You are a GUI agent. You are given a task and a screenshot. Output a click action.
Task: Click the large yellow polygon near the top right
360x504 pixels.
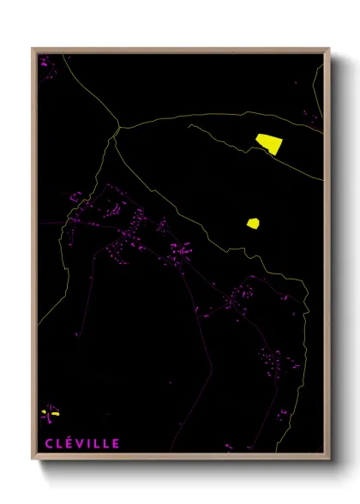pos(269,142)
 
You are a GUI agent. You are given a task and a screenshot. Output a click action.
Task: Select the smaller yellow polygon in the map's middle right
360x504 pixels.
pos(253,224)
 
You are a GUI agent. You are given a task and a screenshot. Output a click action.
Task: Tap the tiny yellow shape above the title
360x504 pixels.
pos(53,413)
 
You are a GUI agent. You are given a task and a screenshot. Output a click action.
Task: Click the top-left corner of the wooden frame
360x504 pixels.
pos(33,49)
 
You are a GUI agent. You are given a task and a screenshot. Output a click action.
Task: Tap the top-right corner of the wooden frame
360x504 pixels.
pos(329,49)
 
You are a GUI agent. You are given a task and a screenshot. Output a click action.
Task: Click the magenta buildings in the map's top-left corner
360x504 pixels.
pos(45,63)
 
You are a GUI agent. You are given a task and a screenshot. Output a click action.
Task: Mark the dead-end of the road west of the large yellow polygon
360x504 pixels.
pos(189,125)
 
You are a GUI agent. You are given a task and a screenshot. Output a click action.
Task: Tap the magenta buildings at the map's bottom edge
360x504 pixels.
pos(228,447)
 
